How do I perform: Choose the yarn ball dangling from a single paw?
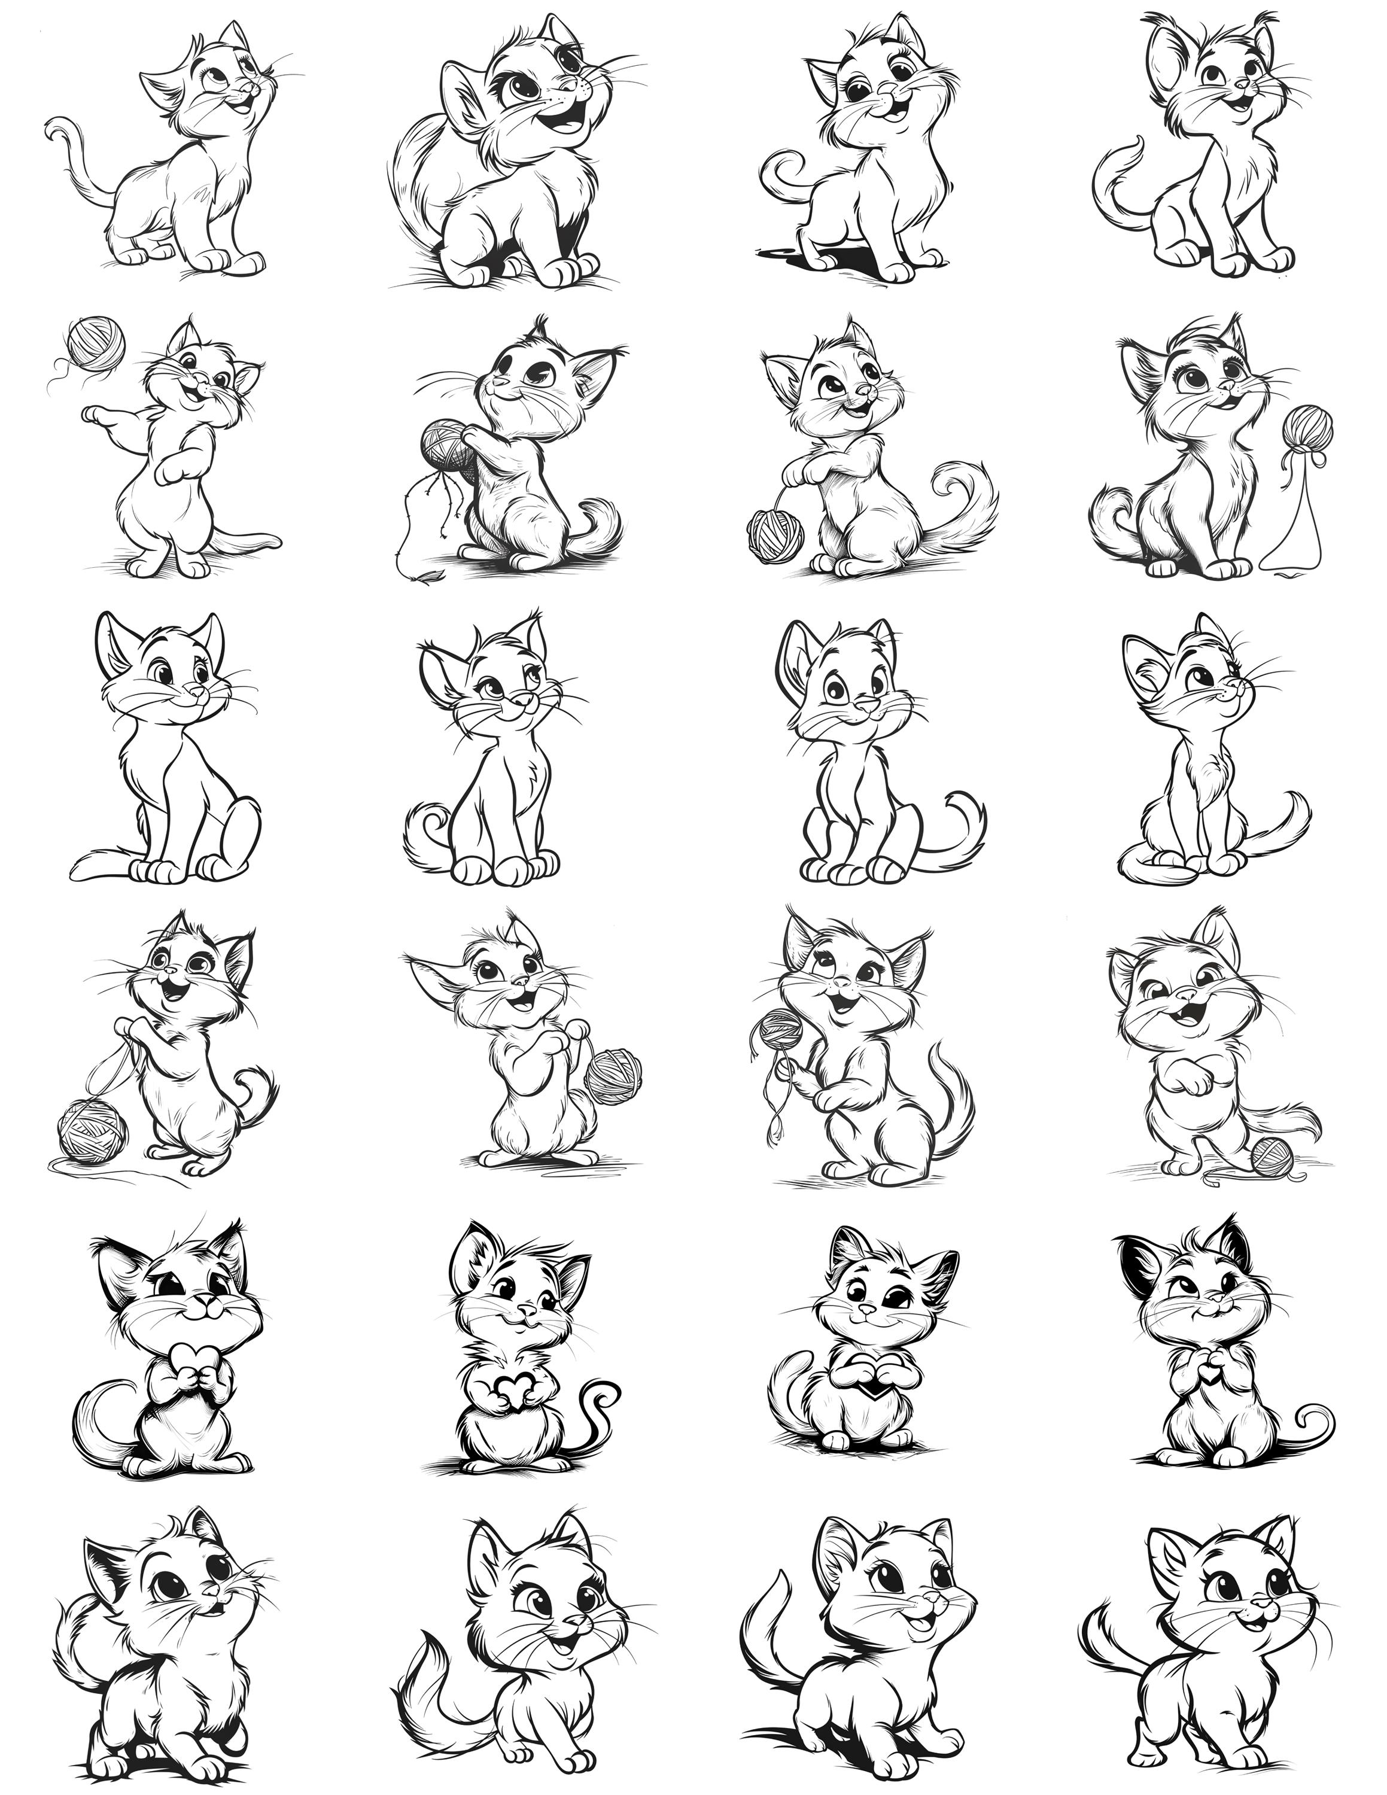(x=772, y=534)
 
